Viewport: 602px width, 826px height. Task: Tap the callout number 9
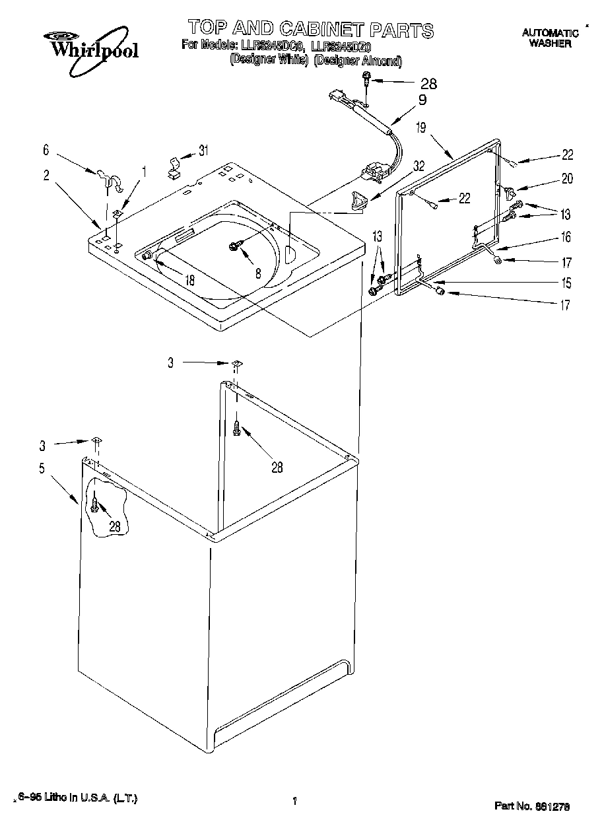pos(422,100)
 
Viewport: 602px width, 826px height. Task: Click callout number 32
pos(419,167)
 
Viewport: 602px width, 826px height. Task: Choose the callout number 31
pos(203,151)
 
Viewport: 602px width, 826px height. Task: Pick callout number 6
pos(46,150)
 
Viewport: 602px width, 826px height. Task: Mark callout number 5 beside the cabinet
pos(42,469)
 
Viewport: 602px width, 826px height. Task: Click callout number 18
pos(189,280)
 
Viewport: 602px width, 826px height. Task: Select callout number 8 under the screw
pos(257,272)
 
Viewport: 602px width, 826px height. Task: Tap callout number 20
pos(566,178)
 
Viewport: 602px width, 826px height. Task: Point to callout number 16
pos(566,237)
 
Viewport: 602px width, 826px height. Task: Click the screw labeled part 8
pos(234,246)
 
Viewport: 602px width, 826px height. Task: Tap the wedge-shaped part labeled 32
pos(359,199)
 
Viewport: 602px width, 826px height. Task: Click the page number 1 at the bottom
pos(294,801)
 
